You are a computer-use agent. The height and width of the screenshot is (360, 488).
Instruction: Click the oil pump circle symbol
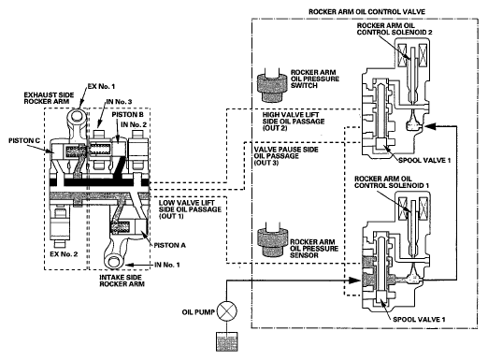coord(227,311)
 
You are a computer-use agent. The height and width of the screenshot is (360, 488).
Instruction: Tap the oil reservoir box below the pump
coord(227,341)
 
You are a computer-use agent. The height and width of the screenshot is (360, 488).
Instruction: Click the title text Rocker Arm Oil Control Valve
coord(366,12)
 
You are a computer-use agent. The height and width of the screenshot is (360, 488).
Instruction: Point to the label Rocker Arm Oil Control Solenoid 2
coord(395,29)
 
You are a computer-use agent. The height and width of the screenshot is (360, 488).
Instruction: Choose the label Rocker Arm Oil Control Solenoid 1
coord(392,182)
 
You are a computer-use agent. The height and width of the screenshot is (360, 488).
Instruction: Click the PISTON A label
coord(170,245)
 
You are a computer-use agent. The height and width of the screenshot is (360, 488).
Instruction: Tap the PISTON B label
coord(128,115)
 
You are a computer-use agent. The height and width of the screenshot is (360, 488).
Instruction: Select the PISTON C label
coord(24,141)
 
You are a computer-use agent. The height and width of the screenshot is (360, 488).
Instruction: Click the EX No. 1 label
coord(101,86)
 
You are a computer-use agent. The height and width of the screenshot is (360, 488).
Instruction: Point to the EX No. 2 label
coord(64,254)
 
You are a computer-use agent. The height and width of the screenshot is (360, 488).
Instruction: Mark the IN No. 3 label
coord(119,102)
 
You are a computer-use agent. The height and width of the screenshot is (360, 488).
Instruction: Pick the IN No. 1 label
coord(167,265)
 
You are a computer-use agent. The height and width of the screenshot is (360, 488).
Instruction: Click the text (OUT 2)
coord(274,128)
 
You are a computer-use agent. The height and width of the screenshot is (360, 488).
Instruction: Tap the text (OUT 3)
coord(266,163)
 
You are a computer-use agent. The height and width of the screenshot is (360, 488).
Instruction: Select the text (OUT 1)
coord(171,216)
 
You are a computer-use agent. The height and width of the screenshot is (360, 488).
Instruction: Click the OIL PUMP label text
coord(198,312)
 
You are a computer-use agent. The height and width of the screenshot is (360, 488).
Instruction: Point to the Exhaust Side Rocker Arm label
coord(49,98)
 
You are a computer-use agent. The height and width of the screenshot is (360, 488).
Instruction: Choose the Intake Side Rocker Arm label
coord(122,281)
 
